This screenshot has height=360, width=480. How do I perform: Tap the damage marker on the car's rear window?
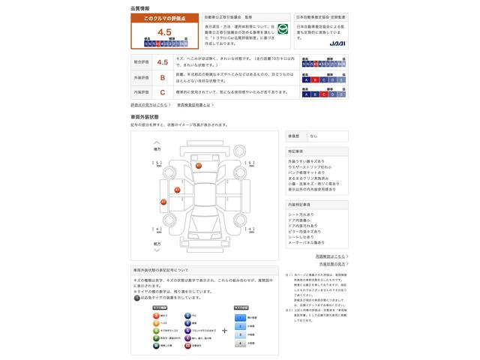point(199,165)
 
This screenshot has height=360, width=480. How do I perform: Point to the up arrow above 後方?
point(157,141)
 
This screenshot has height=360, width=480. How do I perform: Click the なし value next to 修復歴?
point(313,136)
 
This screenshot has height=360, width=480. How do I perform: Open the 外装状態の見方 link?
point(331,264)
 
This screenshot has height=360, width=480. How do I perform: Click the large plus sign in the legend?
point(224,329)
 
